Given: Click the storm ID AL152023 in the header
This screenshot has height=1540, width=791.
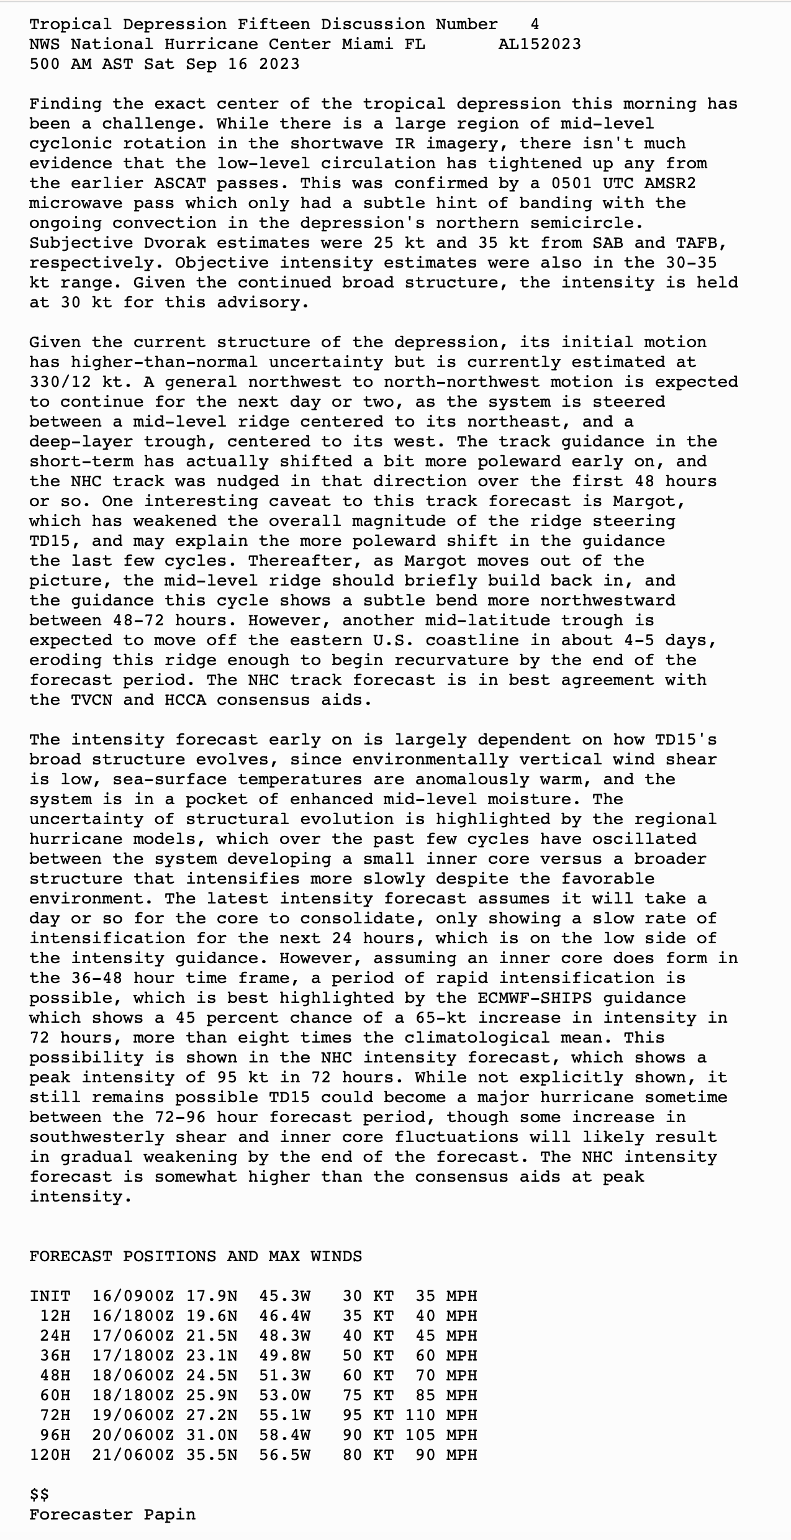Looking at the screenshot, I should [x=540, y=44].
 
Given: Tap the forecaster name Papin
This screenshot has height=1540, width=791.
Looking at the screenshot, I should [x=169, y=1515].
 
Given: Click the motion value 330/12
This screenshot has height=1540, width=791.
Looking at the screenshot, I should [x=60, y=382].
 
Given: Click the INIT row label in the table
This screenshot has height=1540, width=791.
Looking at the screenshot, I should [x=50, y=1296].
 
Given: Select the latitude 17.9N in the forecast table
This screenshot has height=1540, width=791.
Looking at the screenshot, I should [x=211, y=1296].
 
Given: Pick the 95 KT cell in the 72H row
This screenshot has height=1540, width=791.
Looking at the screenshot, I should [x=368, y=1415].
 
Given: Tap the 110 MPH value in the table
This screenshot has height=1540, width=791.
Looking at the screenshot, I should [x=441, y=1415].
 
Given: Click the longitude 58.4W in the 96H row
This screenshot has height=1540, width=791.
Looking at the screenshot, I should [x=284, y=1435].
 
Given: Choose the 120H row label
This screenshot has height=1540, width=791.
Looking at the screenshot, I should [x=50, y=1455].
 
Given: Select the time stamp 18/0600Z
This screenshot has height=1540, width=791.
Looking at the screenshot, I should [x=133, y=1375].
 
